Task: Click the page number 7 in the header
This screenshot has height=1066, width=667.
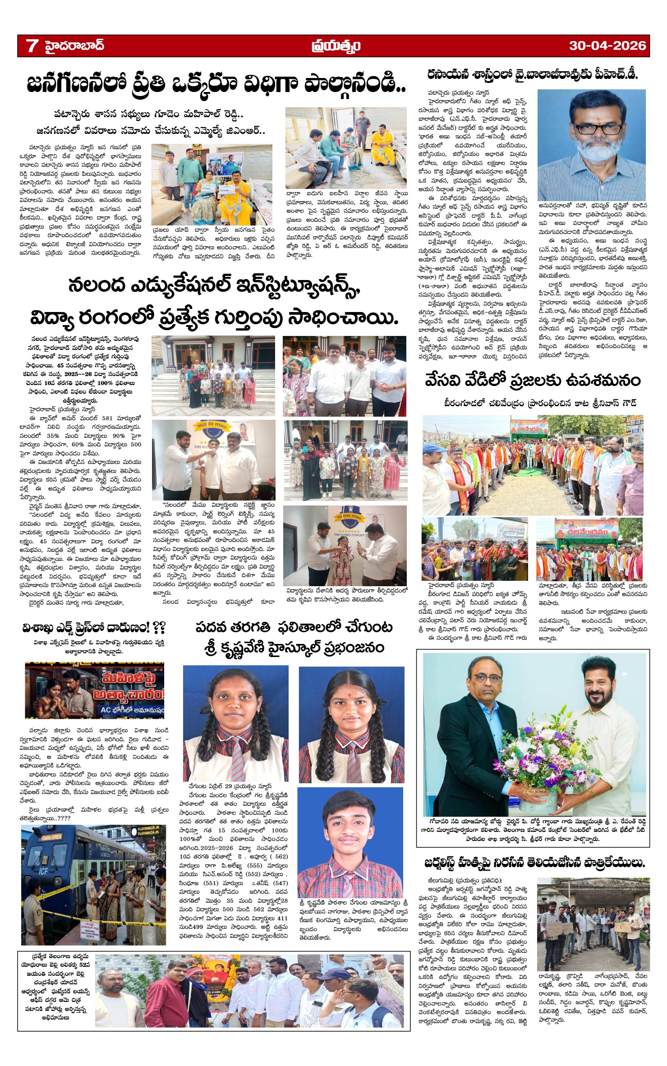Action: (x=32, y=46)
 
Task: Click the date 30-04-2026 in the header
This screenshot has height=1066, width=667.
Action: (x=607, y=46)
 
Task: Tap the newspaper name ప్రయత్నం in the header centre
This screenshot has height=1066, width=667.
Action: (x=336, y=46)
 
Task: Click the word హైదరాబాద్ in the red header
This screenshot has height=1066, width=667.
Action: (x=74, y=46)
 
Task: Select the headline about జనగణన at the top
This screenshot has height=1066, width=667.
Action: (x=216, y=84)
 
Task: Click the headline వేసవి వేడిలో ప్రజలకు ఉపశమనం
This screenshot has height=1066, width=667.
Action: (x=532, y=380)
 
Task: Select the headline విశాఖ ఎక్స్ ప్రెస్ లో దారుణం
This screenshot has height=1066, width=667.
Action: (x=94, y=628)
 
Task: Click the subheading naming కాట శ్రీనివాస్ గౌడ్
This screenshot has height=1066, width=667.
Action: (x=539, y=403)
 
